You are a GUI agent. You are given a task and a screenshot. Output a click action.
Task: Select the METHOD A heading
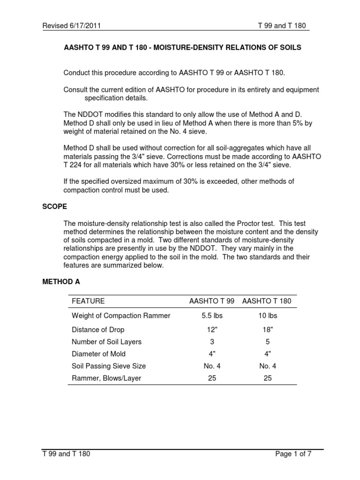point(61,282)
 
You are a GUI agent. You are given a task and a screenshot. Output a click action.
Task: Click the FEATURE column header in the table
point(88,301)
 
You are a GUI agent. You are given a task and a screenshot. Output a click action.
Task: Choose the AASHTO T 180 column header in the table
point(267,301)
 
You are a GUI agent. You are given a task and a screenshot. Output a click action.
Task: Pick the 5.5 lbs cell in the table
point(212,316)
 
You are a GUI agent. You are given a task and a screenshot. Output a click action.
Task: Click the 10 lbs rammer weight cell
point(267,316)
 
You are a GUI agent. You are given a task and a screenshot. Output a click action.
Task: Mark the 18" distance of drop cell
point(267,329)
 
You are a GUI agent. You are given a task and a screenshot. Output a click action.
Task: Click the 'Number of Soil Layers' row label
point(106,341)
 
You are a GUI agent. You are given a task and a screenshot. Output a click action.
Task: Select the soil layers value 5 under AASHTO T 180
point(267,341)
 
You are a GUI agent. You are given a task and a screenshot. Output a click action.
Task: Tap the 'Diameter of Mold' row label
point(98,354)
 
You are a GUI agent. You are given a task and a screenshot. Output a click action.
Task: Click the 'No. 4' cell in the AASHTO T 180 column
point(267,366)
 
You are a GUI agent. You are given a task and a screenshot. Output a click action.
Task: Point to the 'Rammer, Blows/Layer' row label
point(106,378)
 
